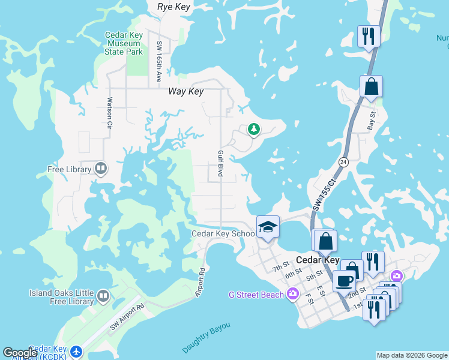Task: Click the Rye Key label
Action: pos(173,7)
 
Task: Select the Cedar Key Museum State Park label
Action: pos(124,43)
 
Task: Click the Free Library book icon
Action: pos(101,169)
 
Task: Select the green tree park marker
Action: pos(254,128)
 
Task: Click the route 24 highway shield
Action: pos(343,162)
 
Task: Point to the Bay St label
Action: pos(372,121)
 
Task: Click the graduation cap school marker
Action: pos(268,227)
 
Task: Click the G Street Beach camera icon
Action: pos(292,294)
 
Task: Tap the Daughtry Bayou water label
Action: pos(206,338)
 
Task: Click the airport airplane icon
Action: pos(76,350)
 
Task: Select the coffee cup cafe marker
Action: pos(345,280)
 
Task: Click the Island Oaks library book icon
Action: pos(103,296)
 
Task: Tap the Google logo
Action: pos(20,353)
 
